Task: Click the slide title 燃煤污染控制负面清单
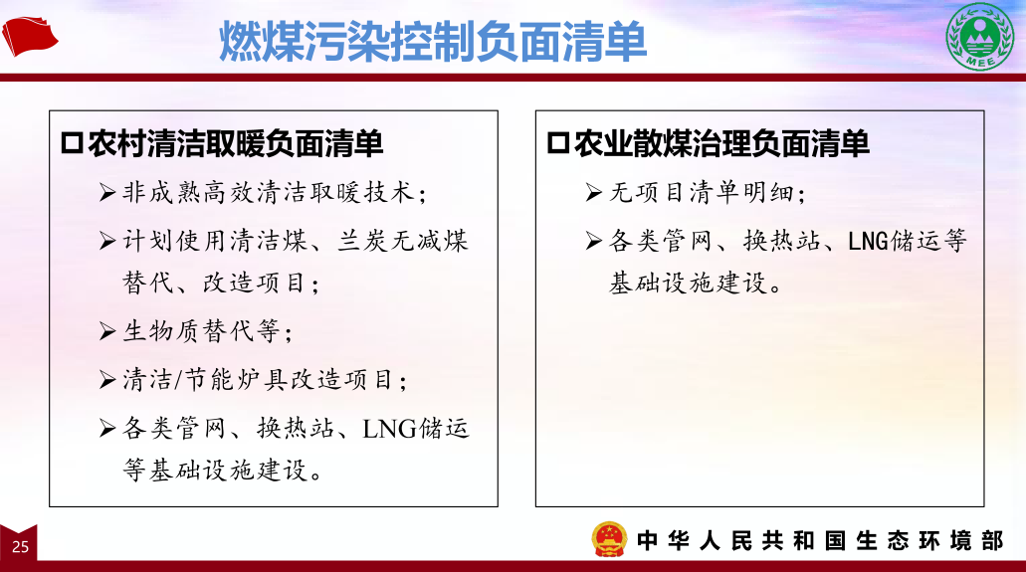(433, 41)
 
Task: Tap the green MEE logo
(979, 36)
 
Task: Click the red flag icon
(30, 36)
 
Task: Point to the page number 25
(20, 546)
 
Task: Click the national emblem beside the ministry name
(609, 539)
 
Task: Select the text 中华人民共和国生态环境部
(820, 540)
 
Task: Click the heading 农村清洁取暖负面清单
(235, 143)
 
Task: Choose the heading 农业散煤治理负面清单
(721, 143)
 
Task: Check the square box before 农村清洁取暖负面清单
(72, 143)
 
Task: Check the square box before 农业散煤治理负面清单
(557, 143)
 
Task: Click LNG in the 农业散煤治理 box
(869, 242)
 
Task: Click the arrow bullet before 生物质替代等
(107, 331)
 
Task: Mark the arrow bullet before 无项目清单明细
(593, 192)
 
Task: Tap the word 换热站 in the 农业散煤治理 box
(781, 241)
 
